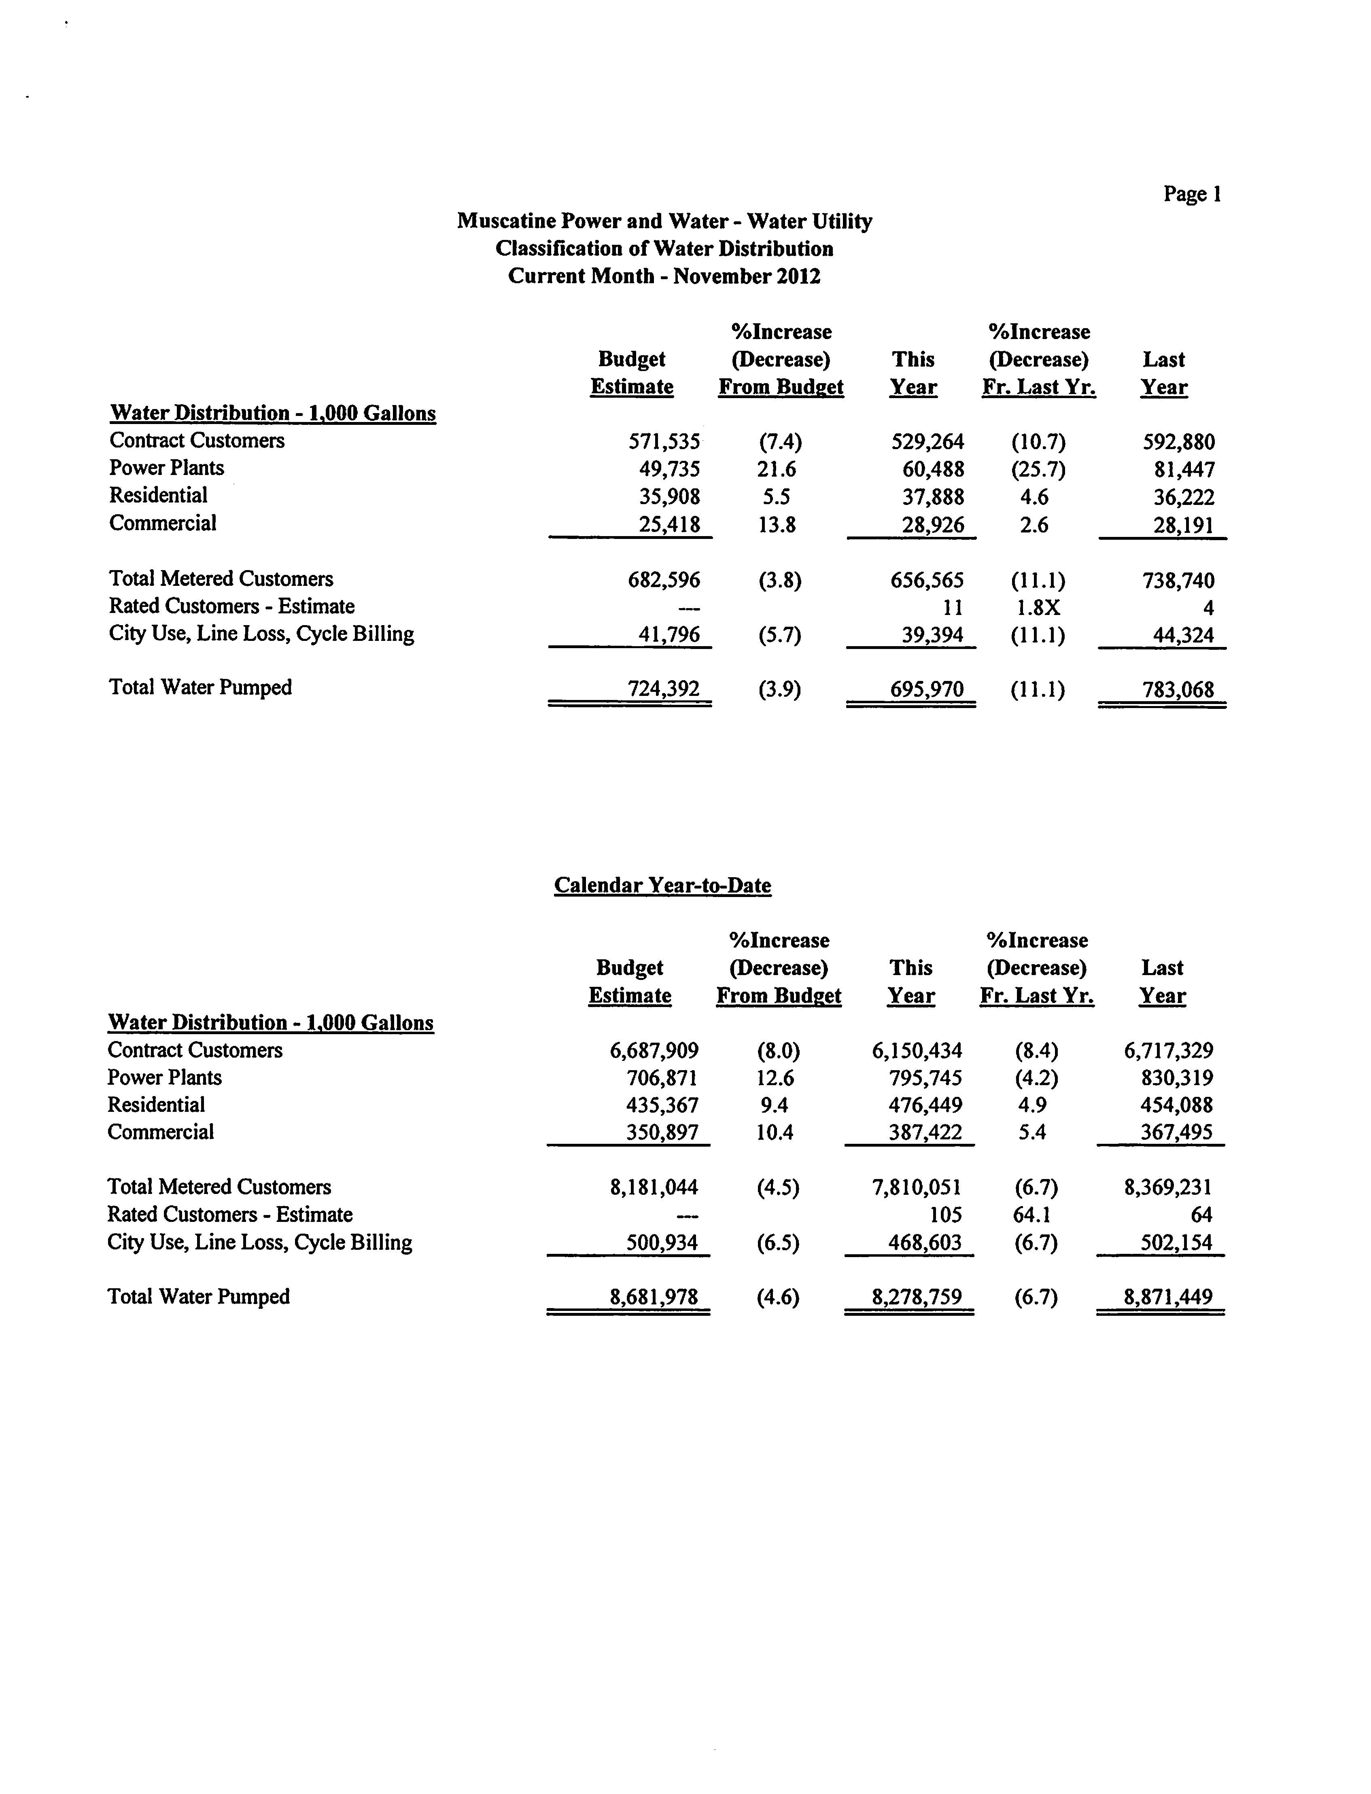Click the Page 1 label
click(x=1191, y=194)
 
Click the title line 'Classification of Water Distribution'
click(x=664, y=249)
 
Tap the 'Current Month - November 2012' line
click(x=664, y=276)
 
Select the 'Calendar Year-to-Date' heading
click(x=663, y=885)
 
